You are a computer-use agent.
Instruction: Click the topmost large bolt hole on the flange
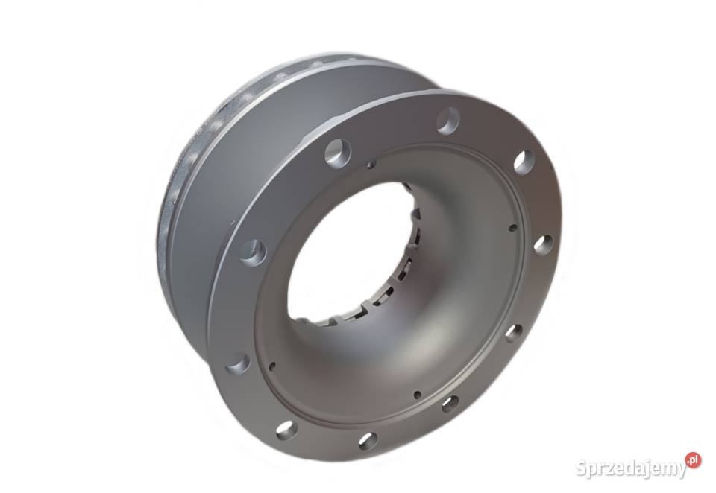pos(448,121)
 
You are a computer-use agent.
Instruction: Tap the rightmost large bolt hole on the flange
pos(541,244)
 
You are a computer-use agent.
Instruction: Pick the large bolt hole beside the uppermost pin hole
pos(338,152)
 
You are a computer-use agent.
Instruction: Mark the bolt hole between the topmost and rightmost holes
pos(524,162)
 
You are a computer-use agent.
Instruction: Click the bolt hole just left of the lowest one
pos(286,429)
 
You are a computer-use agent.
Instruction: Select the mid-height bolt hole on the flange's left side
pos(253,252)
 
